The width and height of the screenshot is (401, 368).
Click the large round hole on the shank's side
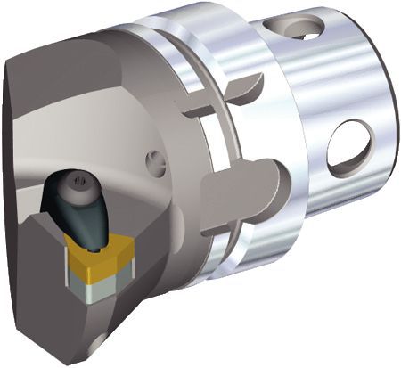(348, 146)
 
